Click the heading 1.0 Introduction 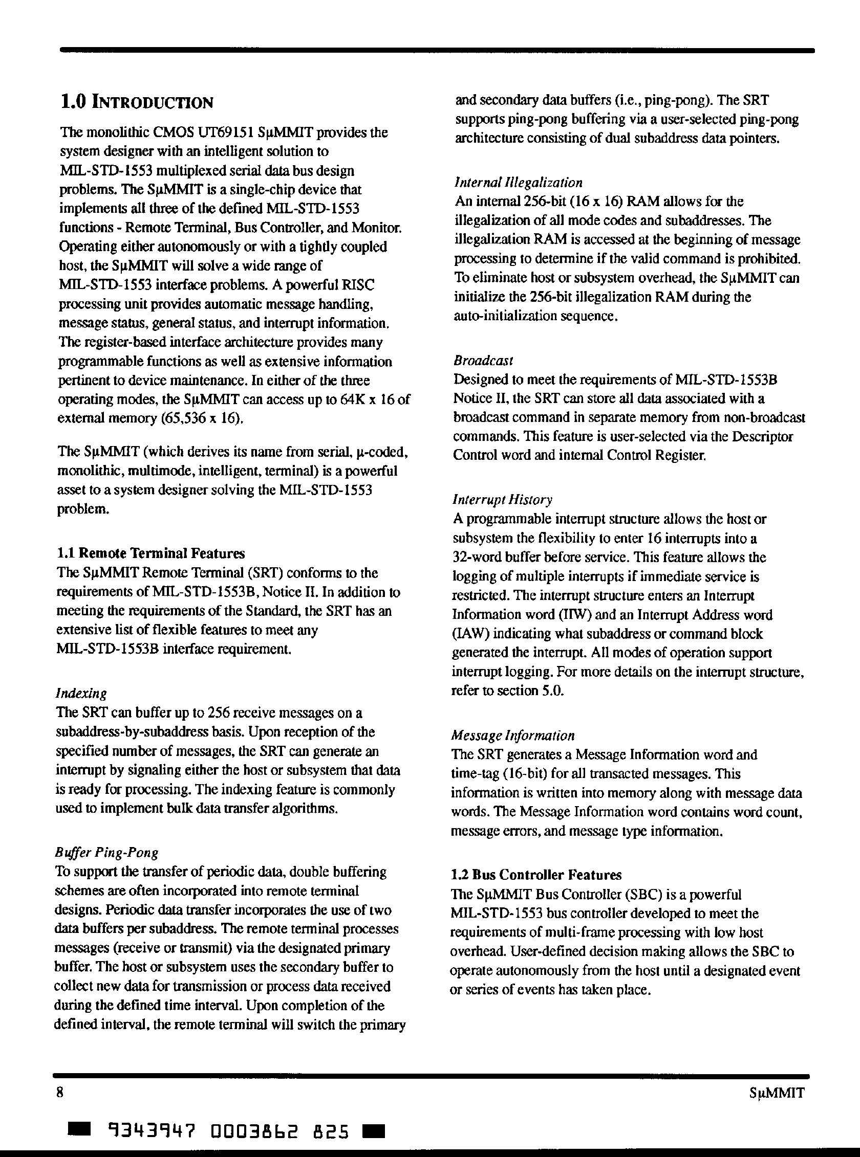pyautogui.click(x=137, y=102)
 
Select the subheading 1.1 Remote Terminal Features pyautogui.click(x=150, y=553)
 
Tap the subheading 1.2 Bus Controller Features pyautogui.click(x=536, y=875)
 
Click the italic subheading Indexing pyautogui.click(x=81, y=694)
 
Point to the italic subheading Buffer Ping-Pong pyautogui.click(x=106, y=852)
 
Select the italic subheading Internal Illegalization pyautogui.click(x=519, y=183)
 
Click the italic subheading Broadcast pyautogui.click(x=483, y=361)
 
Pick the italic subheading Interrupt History pyautogui.click(x=502, y=500)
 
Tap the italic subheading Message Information pyautogui.click(x=513, y=736)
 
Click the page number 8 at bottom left pyautogui.click(x=60, y=1092)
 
